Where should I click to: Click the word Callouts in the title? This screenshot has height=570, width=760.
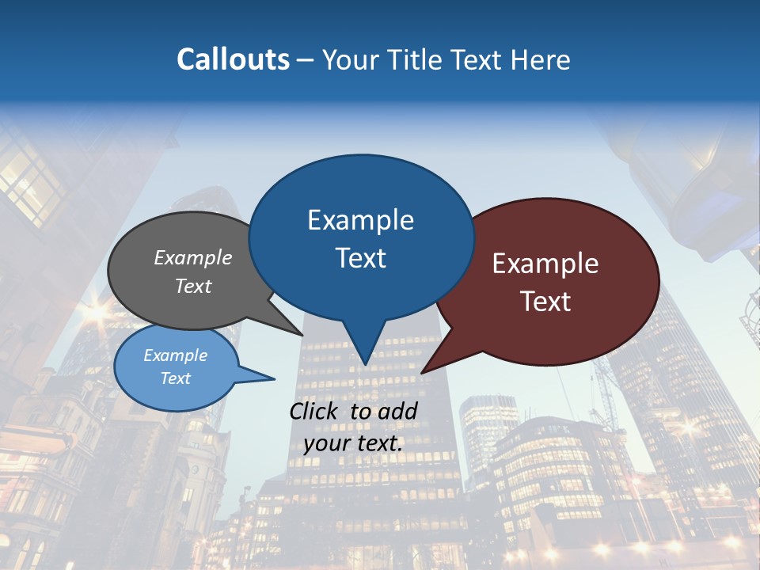(234, 59)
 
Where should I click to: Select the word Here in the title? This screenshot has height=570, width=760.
(541, 59)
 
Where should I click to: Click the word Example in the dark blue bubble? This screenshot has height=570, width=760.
(360, 220)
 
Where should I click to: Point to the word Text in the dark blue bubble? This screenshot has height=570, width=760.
(360, 258)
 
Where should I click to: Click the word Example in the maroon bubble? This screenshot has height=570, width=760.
(545, 264)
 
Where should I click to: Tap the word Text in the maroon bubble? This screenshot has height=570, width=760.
(545, 302)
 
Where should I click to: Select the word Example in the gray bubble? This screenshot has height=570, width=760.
(193, 258)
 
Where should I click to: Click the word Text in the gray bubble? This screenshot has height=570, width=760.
(193, 286)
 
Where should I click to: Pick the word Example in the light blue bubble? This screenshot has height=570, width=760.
(176, 355)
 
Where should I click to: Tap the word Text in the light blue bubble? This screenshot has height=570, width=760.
(176, 378)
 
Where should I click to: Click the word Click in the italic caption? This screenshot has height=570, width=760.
(315, 411)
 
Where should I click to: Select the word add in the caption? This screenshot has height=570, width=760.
(399, 411)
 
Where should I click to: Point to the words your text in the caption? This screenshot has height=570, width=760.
(353, 443)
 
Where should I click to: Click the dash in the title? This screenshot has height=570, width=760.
(306, 59)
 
